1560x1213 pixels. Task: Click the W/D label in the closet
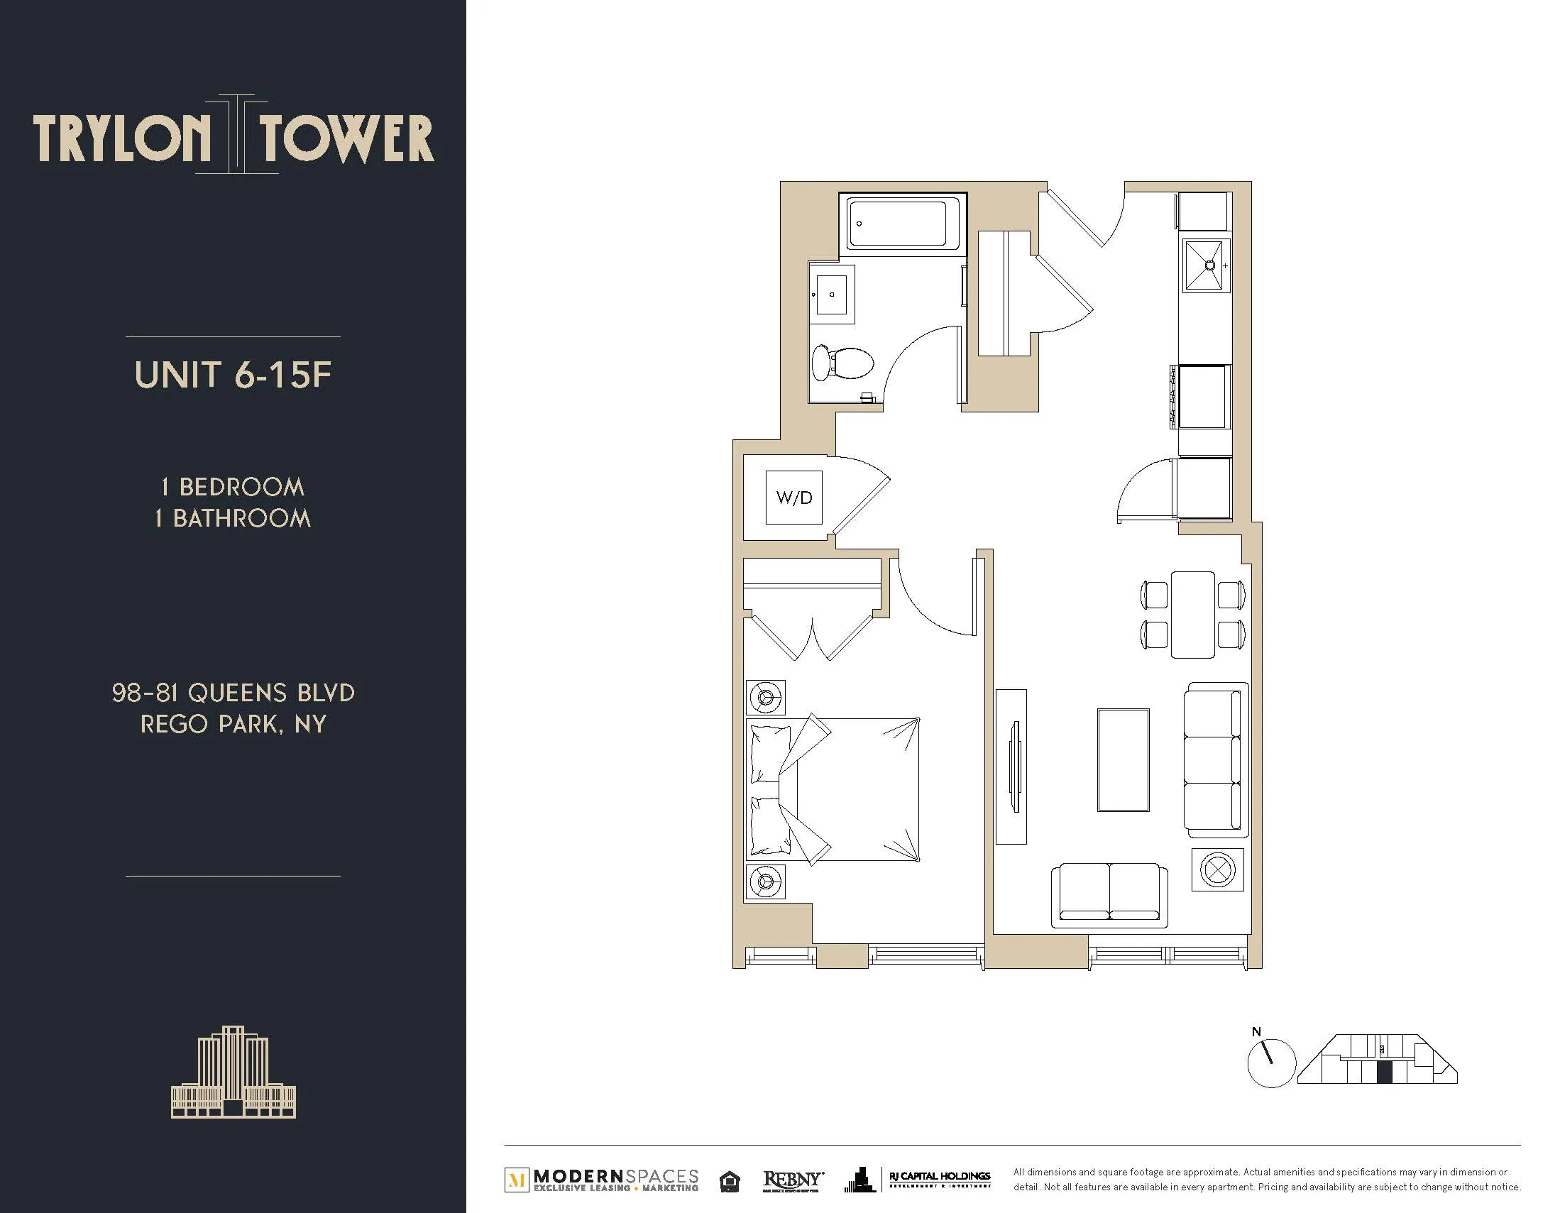(x=793, y=498)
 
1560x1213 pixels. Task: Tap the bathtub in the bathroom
(x=903, y=224)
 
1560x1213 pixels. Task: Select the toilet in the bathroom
(x=844, y=363)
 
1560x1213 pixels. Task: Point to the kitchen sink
(x=1207, y=265)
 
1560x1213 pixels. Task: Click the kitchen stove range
(x=1204, y=397)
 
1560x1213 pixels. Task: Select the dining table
(x=1192, y=615)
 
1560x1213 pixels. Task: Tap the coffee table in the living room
(x=1123, y=760)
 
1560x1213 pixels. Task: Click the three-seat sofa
(x=1215, y=760)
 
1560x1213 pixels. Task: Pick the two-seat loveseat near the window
(x=1109, y=894)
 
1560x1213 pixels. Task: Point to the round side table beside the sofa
(x=1217, y=870)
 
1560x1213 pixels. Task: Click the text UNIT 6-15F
(x=233, y=375)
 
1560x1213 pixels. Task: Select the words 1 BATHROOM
(x=233, y=518)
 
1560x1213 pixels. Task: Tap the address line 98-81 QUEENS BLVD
(x=233, y=692)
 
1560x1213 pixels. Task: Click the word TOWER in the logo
(x=346, y=138)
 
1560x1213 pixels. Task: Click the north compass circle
(x=1270, y=1064)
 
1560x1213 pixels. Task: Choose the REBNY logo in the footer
(x=792, y=1180)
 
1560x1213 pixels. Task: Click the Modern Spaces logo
(x=602, y=1180)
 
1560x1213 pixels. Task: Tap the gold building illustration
(x=233, y=1073)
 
